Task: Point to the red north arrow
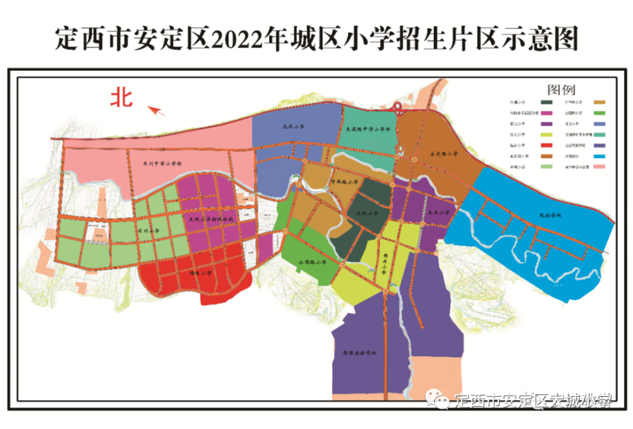[x=156, y=111]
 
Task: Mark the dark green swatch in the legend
[x=544, y=101]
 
